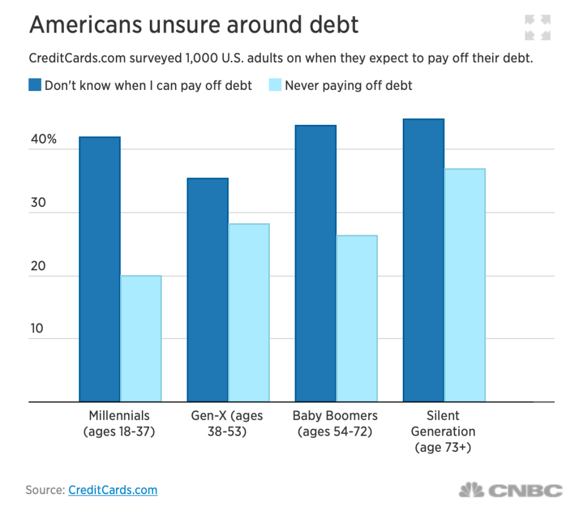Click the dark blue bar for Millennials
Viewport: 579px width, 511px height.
coord(100,268)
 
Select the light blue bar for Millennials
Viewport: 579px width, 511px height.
coord(141,338)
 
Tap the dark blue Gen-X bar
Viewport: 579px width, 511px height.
coord(207,290)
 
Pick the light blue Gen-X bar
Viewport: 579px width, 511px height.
coord(249,312)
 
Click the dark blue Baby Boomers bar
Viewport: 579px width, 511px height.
coord(315,263)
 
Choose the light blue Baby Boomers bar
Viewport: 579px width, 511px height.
coord(357,318)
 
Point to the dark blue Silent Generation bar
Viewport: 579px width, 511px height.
coord(423,260)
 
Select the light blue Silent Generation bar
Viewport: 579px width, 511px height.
coord(465,285)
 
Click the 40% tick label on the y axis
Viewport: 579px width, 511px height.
coord(44,139)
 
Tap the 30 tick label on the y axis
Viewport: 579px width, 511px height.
coord(39,203)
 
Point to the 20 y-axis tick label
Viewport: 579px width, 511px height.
coord(39,266)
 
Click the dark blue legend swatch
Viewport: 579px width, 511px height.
coord(34,85)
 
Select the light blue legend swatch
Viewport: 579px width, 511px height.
coord(275,85)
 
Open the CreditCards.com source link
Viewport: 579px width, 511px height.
coord(113,490)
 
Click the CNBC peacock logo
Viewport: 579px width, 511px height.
coord(472,490)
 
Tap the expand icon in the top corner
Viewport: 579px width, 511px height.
coord(537,28)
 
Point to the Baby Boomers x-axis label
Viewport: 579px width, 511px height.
coord(335,424)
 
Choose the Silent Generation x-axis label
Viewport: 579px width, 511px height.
coord(443,431)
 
